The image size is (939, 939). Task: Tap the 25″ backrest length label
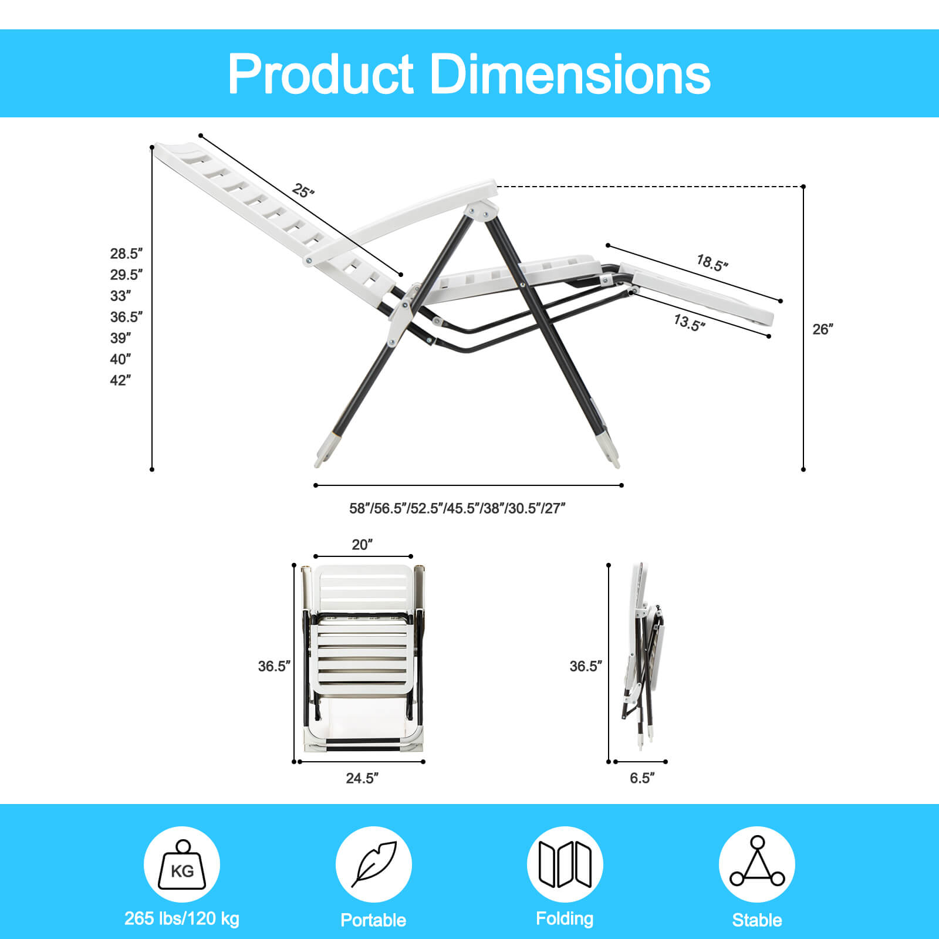coord(303,191)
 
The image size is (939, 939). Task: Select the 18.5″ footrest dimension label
coord(712,263)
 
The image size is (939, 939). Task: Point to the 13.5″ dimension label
coord(689,322)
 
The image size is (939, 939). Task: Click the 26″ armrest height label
coord(823,329)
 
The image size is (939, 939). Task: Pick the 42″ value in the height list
coord(120,380)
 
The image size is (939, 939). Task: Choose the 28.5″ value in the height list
coord(126,254)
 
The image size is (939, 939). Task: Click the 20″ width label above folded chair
coord(362,545)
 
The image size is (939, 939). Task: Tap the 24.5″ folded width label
coord(362,778)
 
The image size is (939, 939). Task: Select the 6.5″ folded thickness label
coord(642,778)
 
